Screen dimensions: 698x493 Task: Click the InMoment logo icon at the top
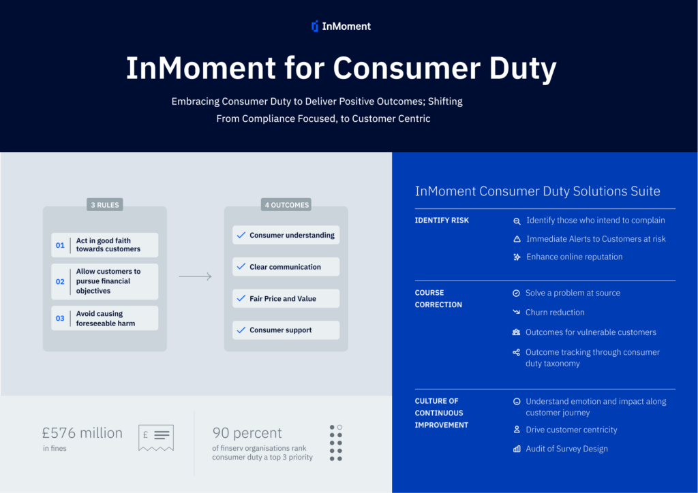coord(315,27)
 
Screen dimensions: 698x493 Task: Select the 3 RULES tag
coord(104,205)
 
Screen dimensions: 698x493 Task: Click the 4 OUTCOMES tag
coord(286,205)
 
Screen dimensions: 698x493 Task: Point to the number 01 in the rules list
coord(60,245)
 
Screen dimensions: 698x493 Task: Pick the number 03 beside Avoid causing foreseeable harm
coord(60,318)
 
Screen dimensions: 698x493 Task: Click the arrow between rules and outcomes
coord(195,276)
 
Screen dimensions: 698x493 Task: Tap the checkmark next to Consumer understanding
coord(241,235)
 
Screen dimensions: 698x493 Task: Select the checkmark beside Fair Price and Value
coord(241,298)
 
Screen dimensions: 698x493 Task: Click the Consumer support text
coord(280,330)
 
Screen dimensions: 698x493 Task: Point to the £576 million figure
coord(82,432)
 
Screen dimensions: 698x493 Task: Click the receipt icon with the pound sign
coord(156,438)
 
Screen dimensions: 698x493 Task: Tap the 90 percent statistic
coord(247,432)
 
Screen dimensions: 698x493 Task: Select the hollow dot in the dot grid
coord(339,427)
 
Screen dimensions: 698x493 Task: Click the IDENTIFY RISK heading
coord(442,221)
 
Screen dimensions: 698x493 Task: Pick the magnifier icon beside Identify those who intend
coord(517,221)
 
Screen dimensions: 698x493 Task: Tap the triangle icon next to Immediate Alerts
coord(517,239)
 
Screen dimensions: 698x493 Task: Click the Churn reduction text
coord(555,313)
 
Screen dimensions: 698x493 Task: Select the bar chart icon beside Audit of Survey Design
coord(517,449)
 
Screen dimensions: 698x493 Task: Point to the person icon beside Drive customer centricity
coord(517,430)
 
